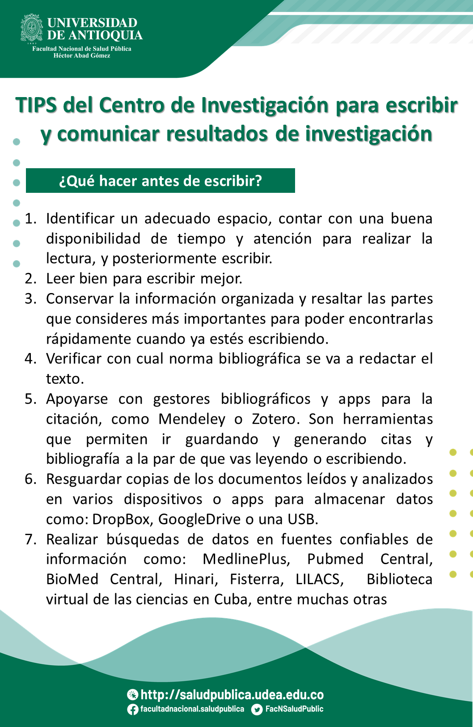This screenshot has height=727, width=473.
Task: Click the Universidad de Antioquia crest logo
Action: point(32,28)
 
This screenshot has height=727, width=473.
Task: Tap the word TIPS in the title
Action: point(37,106)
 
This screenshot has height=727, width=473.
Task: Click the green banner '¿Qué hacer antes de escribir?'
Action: point(160,181)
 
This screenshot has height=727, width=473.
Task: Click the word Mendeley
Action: point(192,419)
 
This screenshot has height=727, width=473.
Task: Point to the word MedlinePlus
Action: point(246,559)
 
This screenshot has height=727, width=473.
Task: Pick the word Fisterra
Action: point(257,579)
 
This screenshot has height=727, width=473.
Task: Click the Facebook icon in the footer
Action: point(133,709)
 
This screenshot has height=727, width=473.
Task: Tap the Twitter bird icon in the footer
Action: point(257,709)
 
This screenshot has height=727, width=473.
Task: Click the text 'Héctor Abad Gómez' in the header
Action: point(82,55)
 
